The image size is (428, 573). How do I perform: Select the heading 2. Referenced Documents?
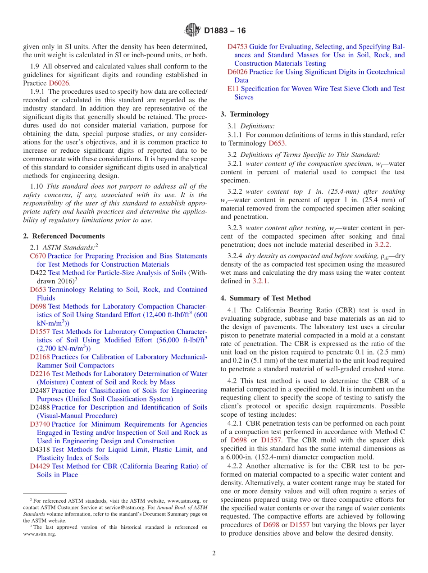click(64, 236)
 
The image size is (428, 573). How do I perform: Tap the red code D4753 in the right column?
click(237, 46)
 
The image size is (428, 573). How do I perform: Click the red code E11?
click(233, 89)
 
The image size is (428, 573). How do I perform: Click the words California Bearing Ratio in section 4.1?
click(287, 310)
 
